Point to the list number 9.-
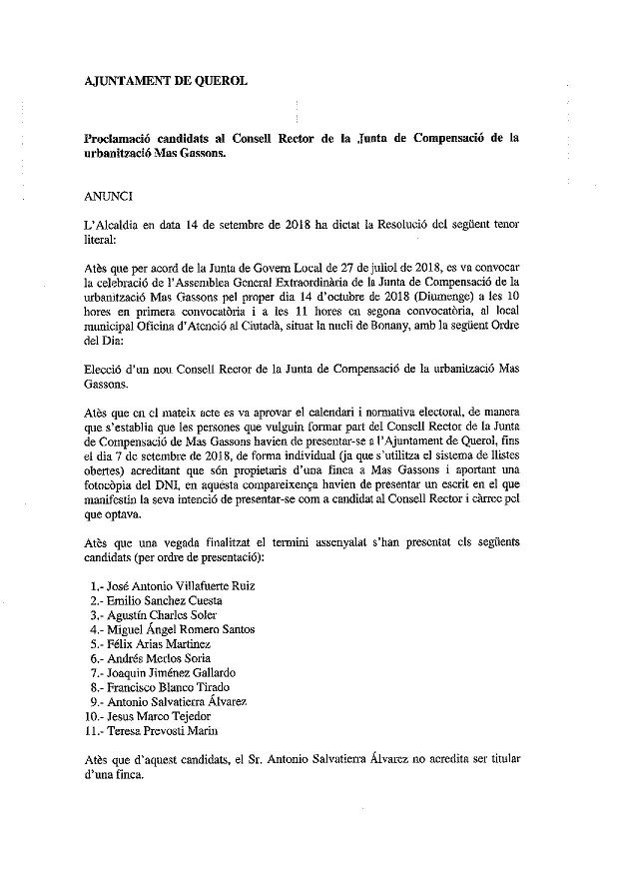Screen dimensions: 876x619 pos(96,702)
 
